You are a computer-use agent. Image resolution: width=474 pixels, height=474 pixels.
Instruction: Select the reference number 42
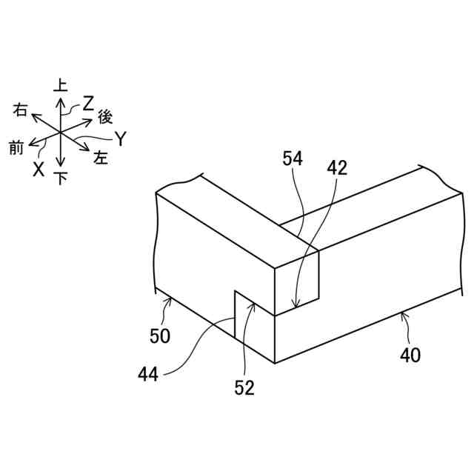tap(337, 168)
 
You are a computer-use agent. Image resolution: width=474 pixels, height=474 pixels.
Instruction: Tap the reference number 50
tap(159, 336)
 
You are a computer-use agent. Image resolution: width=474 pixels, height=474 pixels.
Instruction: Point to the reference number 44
tap(148, 375)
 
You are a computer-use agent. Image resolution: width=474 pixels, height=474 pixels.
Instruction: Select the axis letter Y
tap(121, 138)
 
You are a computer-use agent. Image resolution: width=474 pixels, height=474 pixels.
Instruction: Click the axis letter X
tap(39, 169)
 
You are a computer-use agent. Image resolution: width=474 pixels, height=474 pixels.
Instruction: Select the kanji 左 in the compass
tap(101, 158)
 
